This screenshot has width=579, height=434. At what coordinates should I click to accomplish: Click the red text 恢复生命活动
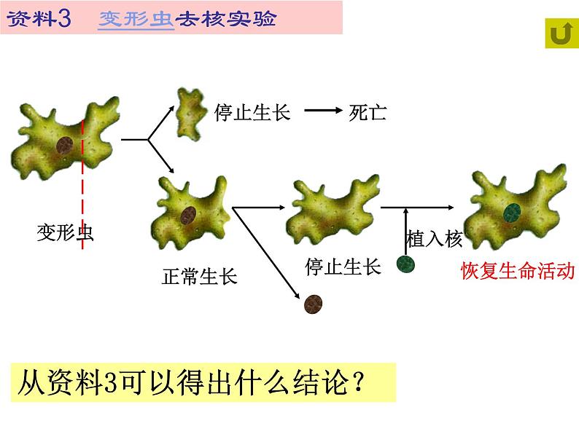pos(518,271)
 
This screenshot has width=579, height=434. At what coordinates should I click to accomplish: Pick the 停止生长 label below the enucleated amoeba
pos(343,267)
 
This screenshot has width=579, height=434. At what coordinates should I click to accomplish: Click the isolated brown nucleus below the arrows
pos(314,304)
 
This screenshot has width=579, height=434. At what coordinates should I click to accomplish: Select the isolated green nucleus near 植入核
pos(406,264)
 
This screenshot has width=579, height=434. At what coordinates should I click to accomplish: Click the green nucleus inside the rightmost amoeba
pos(512,211)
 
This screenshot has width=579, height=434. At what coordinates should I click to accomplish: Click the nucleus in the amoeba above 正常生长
pos(188,215)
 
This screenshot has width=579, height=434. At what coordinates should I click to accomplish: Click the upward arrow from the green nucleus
pos(405,229)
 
